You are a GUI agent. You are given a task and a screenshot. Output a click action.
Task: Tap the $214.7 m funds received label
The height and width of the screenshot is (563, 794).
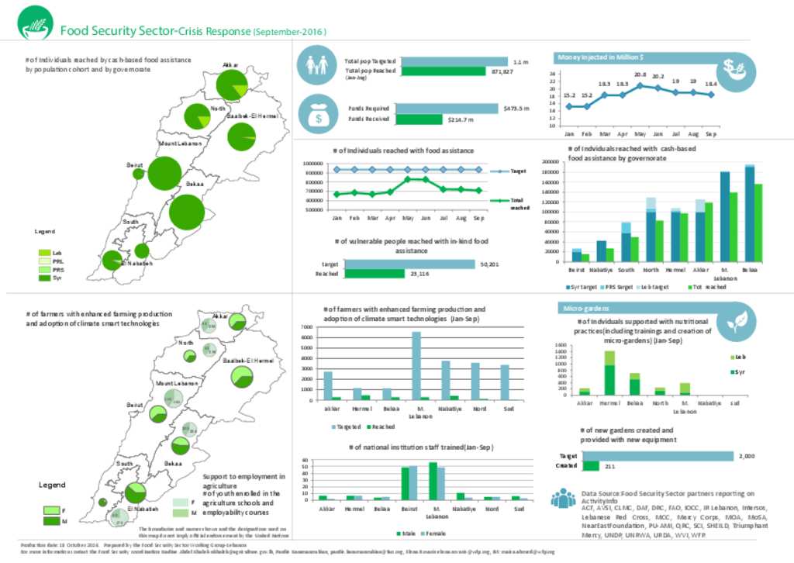tap(460, 119)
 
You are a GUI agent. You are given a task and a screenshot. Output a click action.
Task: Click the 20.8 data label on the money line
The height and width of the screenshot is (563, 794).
tap(640, 75)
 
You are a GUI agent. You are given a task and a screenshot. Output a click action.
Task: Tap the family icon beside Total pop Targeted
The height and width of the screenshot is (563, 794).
tap(316, 65)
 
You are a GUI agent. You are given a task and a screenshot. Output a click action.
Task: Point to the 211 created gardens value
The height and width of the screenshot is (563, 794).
tap(610, 466)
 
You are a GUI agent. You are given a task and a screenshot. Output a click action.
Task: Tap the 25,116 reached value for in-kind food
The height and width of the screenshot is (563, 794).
tap(420, 274)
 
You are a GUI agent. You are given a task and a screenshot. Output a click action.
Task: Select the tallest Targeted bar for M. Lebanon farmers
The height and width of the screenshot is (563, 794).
tap(416, 365)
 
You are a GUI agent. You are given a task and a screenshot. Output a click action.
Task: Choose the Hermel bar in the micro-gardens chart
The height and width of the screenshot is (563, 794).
tap(610, 373)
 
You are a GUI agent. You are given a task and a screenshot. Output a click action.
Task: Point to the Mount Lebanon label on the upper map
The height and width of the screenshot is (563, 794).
tap(180, 144)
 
